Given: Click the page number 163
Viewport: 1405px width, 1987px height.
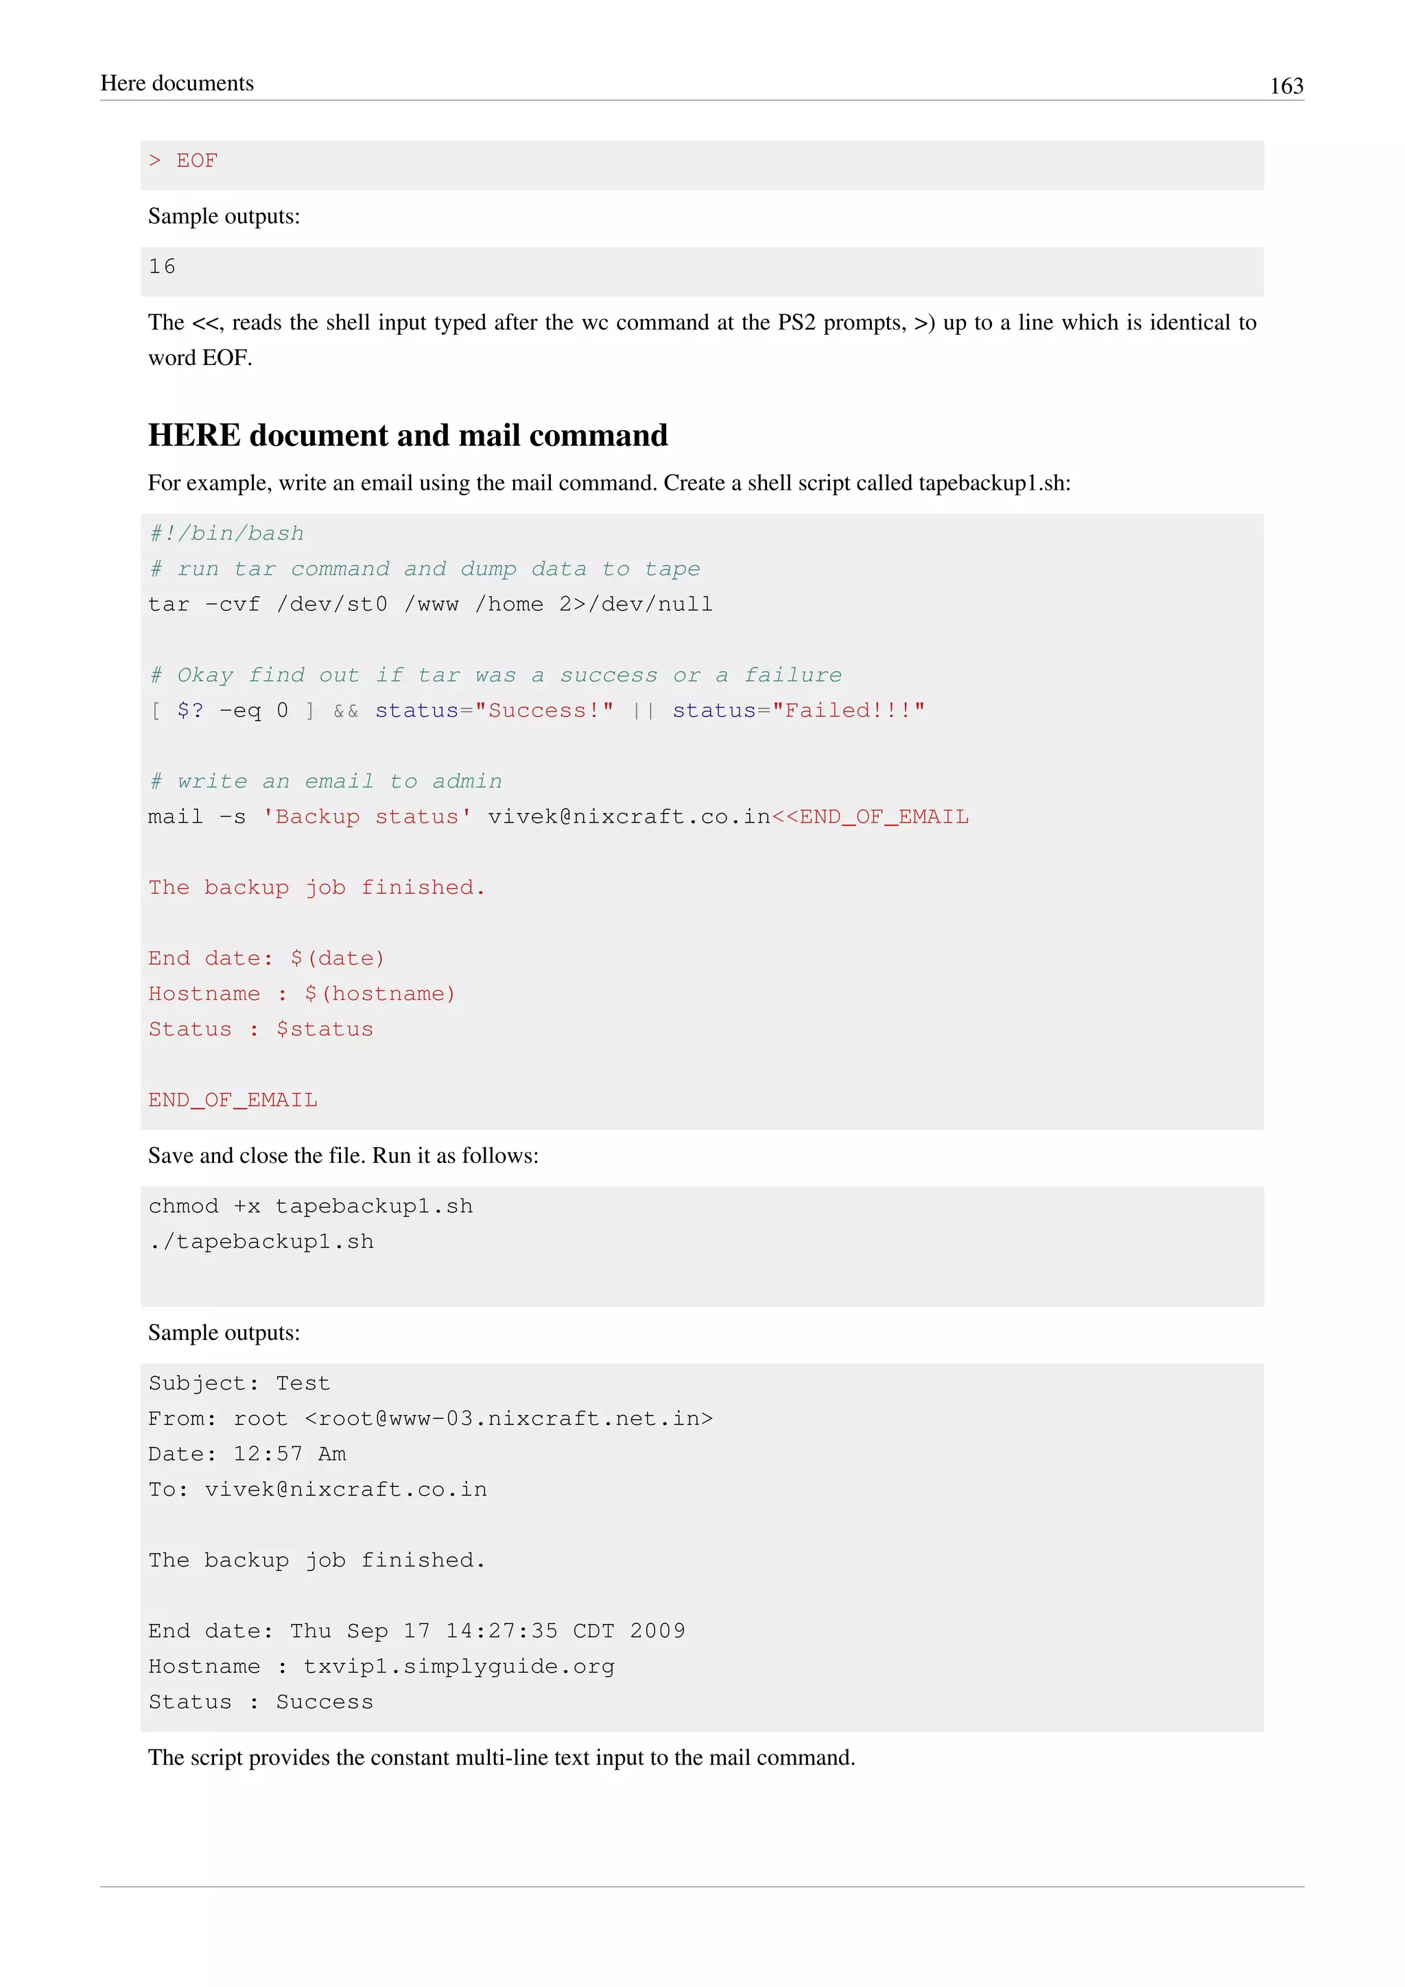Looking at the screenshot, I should pyautogui.click(x=1286, y=86).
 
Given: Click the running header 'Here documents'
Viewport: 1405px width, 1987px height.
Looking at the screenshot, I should pyautogui.click(x=178, y=83).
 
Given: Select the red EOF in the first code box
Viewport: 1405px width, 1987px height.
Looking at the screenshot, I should pyautogui.click(x=198, y=161).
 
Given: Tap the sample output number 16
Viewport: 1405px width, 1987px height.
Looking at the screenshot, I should pyautogui.click(x=162, y=266).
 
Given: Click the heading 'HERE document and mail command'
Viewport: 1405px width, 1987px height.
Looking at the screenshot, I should pyautogui.click(x=408, y=435).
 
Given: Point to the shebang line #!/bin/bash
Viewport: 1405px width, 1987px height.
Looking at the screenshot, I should pyautogui.click(x=226, y=533).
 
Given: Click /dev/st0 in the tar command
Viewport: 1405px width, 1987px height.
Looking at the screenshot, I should pyautogui.click(x=332, y=604).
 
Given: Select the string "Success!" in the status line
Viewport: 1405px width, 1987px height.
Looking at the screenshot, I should pyautogui.click(x=544, y=711).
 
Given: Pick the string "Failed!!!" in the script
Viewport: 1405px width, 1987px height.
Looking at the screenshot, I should pyautogui.click(x=848, y=711).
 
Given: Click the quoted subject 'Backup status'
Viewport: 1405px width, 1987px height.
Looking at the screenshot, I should pyautogui.click(x=368, y=817).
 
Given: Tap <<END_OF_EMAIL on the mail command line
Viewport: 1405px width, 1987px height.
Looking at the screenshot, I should pyautogui.click(x=871, y=817).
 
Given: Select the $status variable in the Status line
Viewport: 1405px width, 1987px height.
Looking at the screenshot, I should pyautogui.click(x=324, y=1029).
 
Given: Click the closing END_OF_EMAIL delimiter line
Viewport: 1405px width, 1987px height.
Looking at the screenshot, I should pyautogui.click(x=233, y=1100).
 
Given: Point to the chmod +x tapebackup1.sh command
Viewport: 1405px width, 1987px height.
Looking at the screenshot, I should pyautogui.click(x=311, y=1206).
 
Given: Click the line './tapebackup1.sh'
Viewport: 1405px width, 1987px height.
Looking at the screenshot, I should pyautogui.click(x=261, y=1242).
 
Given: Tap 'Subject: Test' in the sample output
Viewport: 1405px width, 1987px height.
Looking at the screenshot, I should pyautogui.click(x=239, y=1383).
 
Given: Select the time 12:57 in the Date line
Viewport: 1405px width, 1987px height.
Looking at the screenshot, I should pyautogui.click(x=268, y=1454).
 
